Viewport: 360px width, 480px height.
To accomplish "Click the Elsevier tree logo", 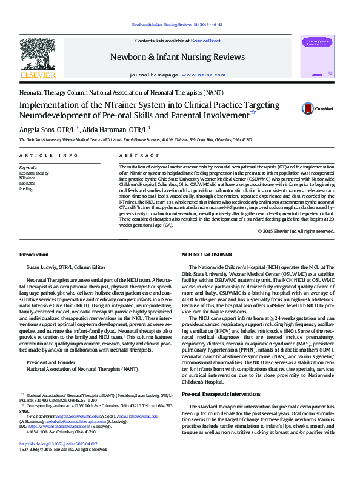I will (38, 58).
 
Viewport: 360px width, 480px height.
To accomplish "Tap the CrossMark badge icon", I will (309, 108).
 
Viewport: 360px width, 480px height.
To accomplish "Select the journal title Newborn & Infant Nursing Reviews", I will (178, 56).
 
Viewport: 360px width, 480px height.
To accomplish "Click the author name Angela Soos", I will (38, 130).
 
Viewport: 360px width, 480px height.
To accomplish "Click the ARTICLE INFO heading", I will (49, 156).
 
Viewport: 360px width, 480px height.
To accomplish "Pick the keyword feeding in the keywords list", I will (26, 188).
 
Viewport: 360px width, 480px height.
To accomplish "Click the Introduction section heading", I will (34, 255).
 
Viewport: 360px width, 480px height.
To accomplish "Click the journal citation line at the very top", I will (176, 25).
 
